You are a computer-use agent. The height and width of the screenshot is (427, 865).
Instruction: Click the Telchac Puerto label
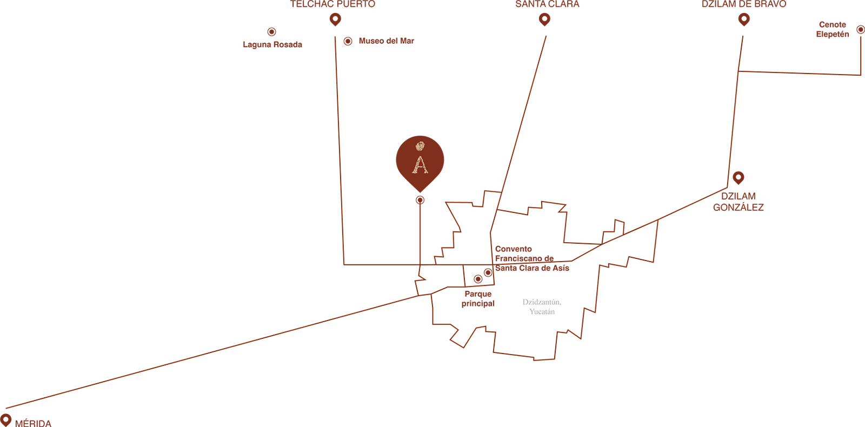tap(332, 4)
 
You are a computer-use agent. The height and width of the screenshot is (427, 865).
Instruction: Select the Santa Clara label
tap(547, 4)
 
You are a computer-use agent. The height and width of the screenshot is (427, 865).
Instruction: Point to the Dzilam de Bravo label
tap(743, 4)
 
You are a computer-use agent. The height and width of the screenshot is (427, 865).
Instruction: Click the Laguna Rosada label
tap(272, 45)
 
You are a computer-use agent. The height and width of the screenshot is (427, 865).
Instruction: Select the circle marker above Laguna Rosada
tap(271, 32)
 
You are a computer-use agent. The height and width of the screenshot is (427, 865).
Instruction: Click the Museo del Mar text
tap(386, 41)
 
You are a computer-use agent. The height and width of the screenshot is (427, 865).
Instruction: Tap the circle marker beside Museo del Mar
tap(348, 41)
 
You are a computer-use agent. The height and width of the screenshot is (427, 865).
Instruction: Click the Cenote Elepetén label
tap(833, 29)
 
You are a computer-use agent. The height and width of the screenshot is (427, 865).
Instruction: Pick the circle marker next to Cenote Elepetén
tap(860, 30)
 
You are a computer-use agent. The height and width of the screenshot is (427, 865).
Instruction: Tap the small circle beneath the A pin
tap(420, 200)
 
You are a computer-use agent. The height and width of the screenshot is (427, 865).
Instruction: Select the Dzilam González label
tap(738, 202)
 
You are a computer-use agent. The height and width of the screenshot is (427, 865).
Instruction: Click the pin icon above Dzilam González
tap(738, 177)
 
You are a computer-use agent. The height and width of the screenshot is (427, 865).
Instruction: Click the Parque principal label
tap(478, 299)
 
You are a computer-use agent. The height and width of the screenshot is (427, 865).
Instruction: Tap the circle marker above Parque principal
tap(478, 279)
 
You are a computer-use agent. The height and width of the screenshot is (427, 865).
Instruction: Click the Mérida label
tap(34, 423)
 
